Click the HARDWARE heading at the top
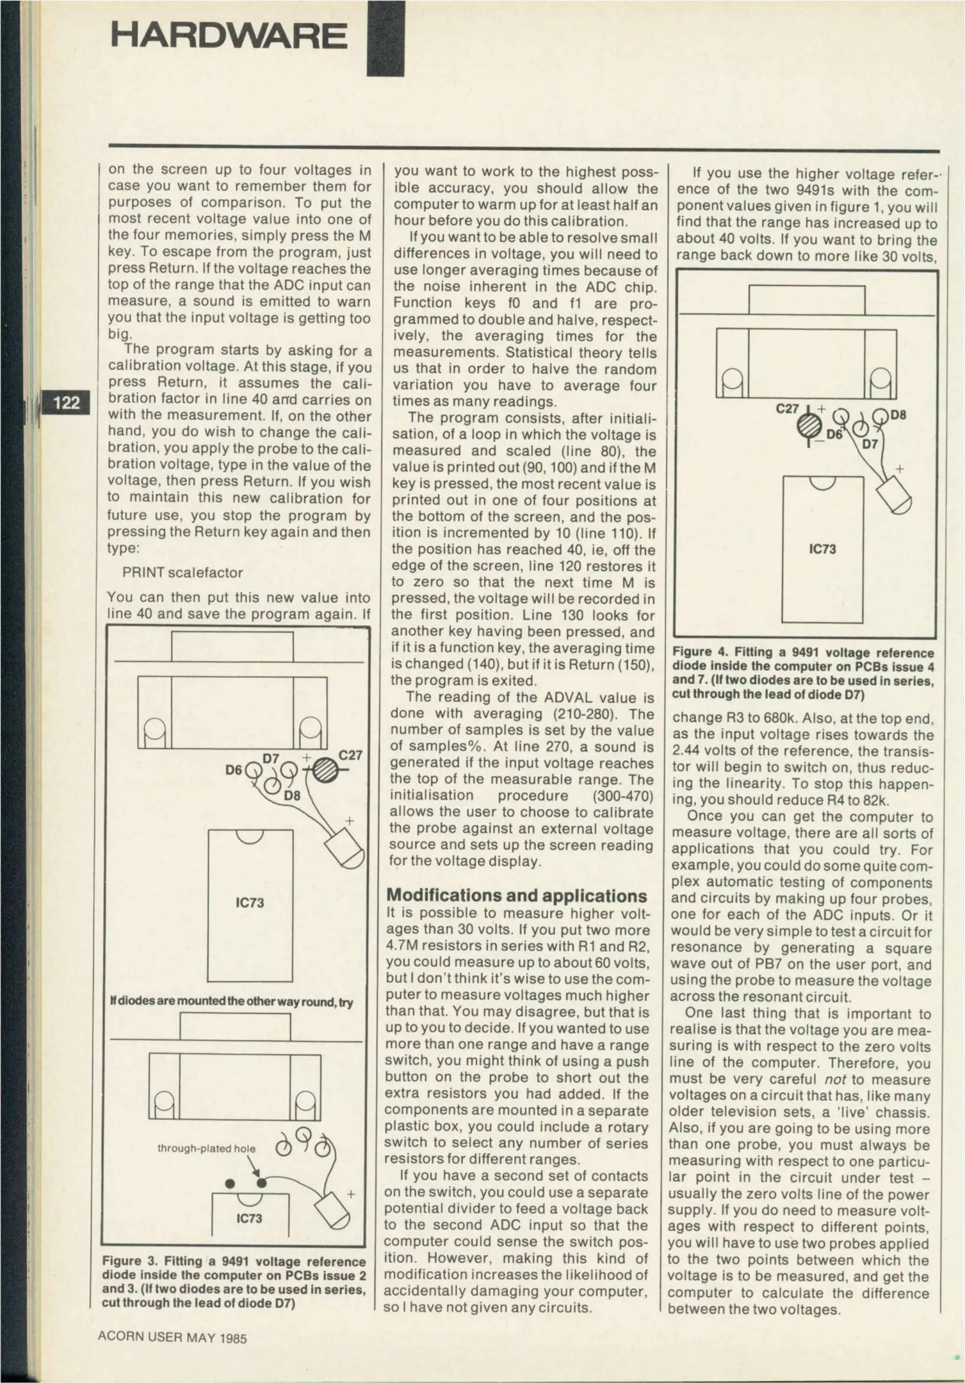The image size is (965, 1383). click(228, 36)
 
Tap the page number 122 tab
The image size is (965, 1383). click(66, 402)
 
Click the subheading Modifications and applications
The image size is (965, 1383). click(516, 895)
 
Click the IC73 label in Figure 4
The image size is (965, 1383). click(822, 549)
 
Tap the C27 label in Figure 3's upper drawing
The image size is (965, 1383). click(350, 756)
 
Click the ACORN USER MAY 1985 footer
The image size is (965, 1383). click(172, 1338)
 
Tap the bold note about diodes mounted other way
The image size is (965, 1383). click(231, 1002)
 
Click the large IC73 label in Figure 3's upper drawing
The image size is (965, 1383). click(250, 903)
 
